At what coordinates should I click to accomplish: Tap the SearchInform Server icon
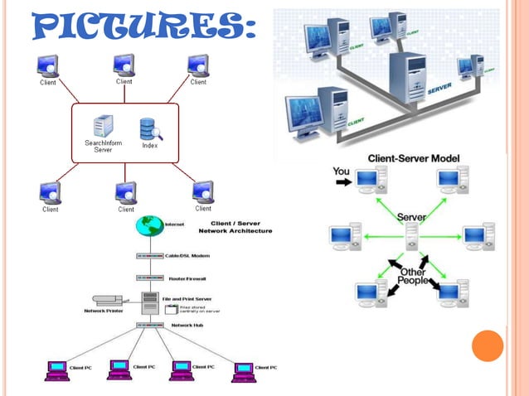[103, 127]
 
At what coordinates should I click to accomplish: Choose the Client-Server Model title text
[414, 157]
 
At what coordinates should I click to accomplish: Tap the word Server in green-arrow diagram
[411, 217]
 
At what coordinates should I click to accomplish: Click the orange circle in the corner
[487, 345]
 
